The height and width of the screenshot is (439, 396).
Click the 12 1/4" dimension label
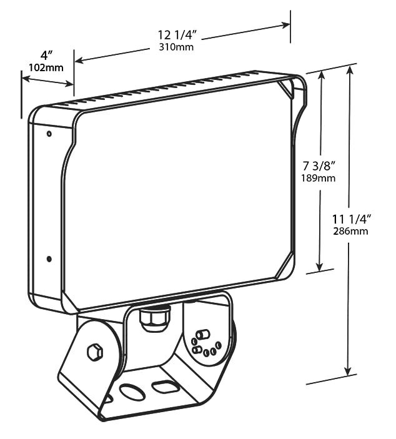[178, 36]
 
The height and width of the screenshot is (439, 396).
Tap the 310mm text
[176, 47]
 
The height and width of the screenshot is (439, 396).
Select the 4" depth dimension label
[46, 56]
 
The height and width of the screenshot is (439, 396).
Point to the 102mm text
[46, 67]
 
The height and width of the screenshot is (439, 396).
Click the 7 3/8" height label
[319, 166]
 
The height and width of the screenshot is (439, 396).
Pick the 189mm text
[319, 178]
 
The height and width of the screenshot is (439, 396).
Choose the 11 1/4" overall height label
[352, 219]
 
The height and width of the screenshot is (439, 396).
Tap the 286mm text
[350, 231]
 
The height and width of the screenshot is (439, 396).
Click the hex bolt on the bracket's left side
[95, 352]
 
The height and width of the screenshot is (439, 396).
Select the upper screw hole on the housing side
[49, 134]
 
